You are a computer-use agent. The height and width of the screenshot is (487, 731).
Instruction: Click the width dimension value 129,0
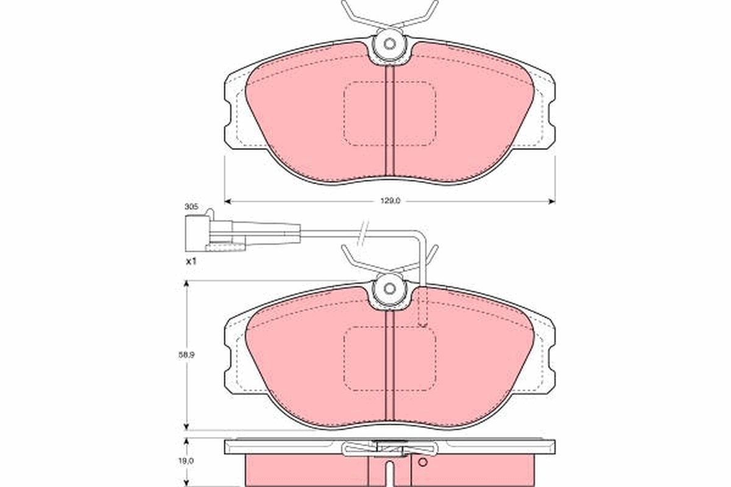(390, 201)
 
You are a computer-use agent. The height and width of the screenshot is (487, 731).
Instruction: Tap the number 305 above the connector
(191, 207)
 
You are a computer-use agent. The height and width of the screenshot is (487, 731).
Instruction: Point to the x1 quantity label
(191, 261)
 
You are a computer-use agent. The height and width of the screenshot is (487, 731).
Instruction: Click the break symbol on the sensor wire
(364, 231)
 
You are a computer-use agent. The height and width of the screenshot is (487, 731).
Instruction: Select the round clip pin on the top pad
(389, 44)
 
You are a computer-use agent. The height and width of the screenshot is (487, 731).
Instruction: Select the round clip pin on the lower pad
(389, 289)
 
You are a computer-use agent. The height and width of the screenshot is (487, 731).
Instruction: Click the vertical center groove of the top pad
(390, 122)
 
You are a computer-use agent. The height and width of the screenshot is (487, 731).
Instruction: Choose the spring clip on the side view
(390, 449)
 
